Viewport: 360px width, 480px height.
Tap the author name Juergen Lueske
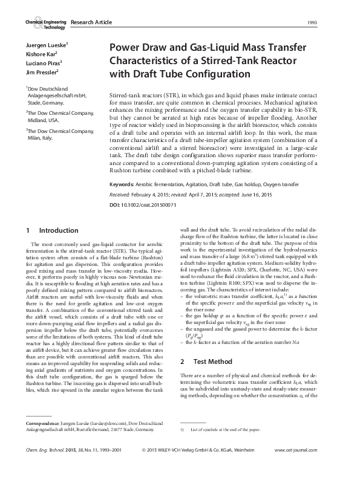[x=46, y=46]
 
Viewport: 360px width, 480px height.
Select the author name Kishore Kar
[x=41, y=54]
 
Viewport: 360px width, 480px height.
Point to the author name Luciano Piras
[x=43, y=63]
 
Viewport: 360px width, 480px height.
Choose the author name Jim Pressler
[x=41, y=71]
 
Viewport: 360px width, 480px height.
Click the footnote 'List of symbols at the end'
[x=224, y=429]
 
